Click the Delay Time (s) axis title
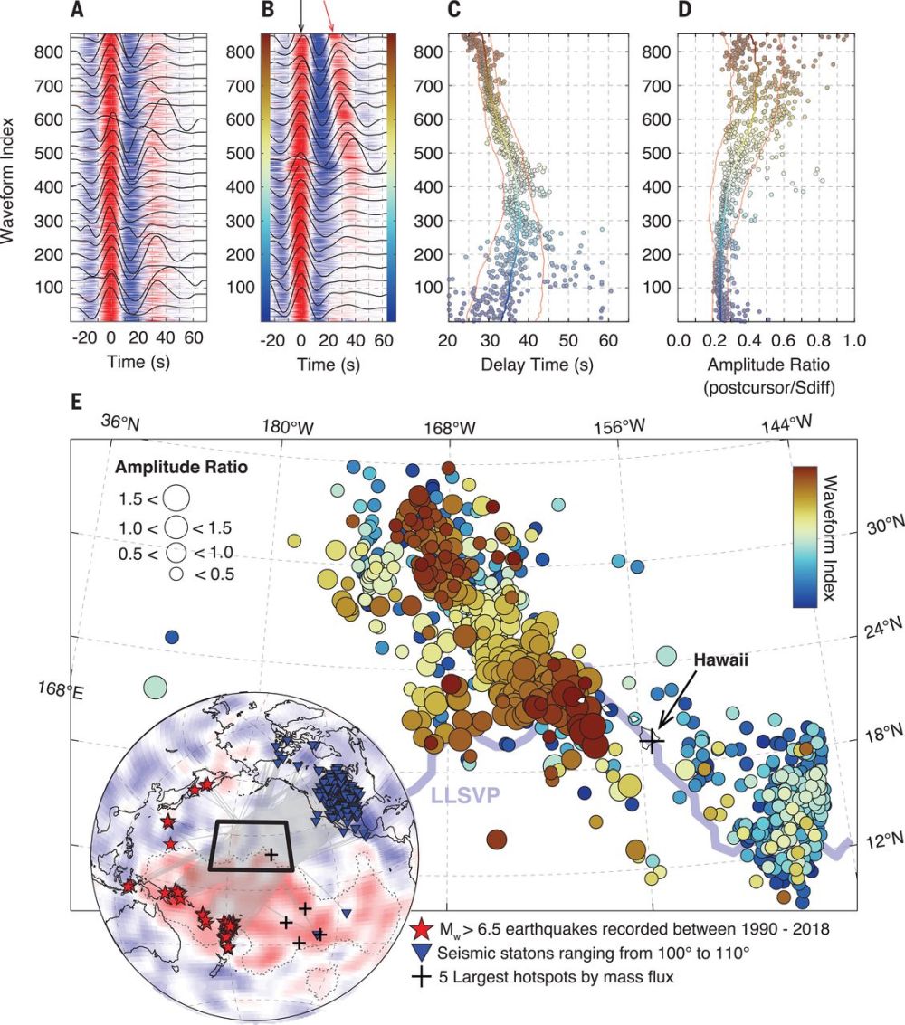(x=524, y=364)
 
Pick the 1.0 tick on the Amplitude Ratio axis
(x=854, y=342)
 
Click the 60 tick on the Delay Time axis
(x=608, y=342)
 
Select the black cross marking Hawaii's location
(x=652, y=740)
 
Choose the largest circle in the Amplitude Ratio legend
(x=176, y=497)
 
